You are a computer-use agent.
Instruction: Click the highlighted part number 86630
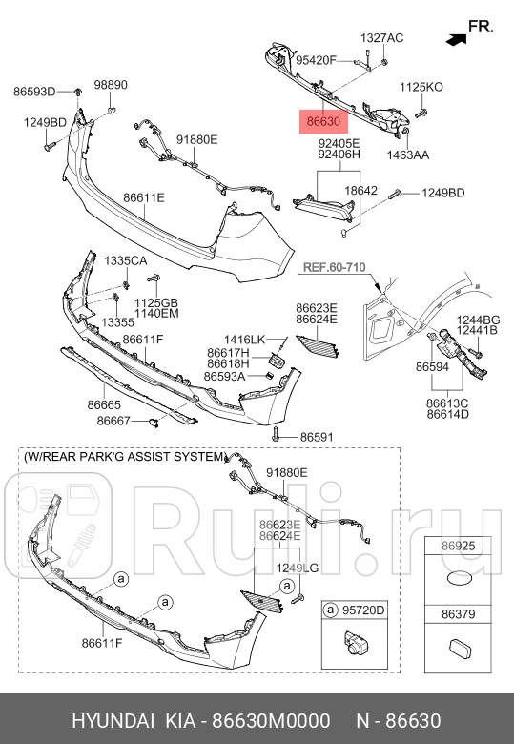323,121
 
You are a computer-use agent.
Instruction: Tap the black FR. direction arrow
456,40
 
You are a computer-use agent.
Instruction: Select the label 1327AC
381,38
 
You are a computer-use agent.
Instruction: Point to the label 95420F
316,60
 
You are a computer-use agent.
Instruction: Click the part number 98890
111,85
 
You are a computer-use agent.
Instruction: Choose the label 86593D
34,92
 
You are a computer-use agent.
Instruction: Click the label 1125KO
421,87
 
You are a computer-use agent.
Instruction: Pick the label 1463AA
408,155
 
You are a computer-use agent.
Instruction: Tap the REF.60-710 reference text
335,267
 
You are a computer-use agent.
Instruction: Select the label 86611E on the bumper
144,197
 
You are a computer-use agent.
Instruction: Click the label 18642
360,190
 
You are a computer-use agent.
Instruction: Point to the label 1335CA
126,260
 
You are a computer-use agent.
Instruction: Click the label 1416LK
245,340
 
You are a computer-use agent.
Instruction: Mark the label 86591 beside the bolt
317,437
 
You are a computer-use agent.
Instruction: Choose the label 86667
113,421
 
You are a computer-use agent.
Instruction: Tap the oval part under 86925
458,579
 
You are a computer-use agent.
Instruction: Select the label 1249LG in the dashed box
298,568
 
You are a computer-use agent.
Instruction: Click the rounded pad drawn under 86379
459,649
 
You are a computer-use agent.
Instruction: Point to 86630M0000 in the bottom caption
271,721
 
